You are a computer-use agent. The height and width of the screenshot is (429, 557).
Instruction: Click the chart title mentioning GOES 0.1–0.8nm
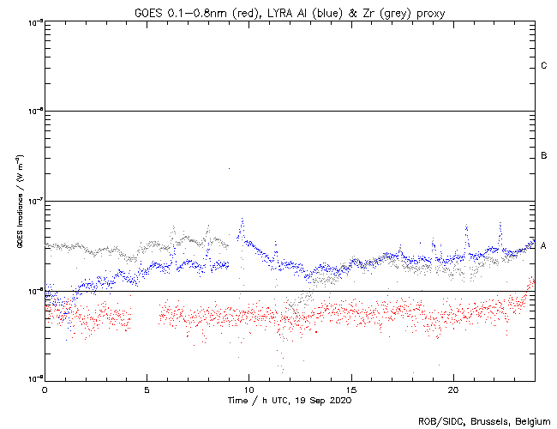point(290,12)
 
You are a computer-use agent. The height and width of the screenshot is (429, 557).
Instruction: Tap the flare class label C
point(544,66)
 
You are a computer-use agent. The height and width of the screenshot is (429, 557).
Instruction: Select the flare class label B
point(544,155)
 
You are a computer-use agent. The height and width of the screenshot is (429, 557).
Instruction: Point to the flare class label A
point(544,245)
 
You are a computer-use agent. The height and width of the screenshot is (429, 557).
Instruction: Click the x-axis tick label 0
point(45,390)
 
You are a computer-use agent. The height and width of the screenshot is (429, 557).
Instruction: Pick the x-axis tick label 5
point(147,390)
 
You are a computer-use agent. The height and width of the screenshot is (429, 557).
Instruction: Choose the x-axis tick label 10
point(249,390)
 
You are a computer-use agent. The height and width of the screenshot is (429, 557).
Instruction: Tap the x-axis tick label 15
point(351,390)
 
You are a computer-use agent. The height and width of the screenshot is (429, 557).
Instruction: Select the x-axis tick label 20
point(454,390)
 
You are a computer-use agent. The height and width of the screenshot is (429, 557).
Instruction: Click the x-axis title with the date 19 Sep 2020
point(290,401)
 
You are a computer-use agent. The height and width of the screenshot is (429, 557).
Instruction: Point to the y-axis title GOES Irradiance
point(17,201)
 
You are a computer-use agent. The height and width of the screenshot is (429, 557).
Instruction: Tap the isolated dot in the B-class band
point(229,169)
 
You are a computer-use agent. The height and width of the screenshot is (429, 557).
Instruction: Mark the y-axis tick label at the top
point(34,21)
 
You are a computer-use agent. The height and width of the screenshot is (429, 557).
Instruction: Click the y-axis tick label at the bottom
point(34,378)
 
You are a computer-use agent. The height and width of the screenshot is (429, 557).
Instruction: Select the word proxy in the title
point(430,12)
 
